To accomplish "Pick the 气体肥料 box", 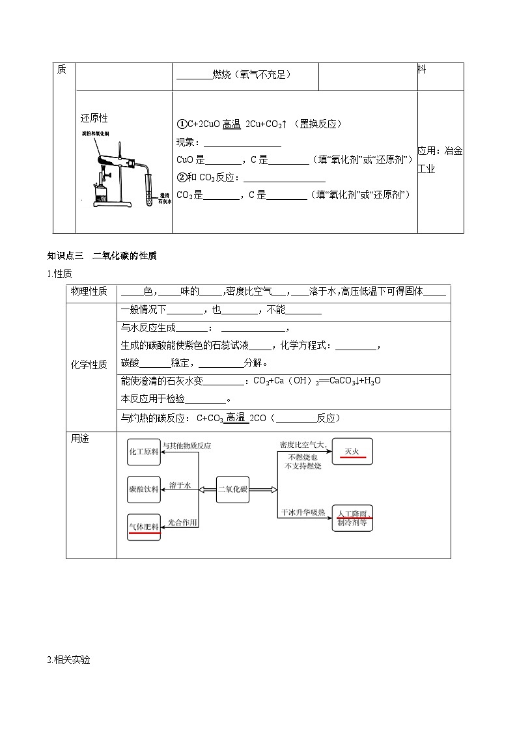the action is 144,526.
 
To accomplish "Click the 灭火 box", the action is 352,451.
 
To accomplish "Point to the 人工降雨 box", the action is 352,517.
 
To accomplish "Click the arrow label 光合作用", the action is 182,522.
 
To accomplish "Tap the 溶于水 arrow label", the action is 179,486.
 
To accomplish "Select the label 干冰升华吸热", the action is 303,512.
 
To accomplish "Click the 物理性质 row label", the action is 89,292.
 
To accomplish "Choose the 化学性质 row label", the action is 89,365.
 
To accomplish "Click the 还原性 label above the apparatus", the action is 94,118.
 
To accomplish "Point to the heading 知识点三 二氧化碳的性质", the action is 102,256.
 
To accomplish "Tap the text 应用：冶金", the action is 440,151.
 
